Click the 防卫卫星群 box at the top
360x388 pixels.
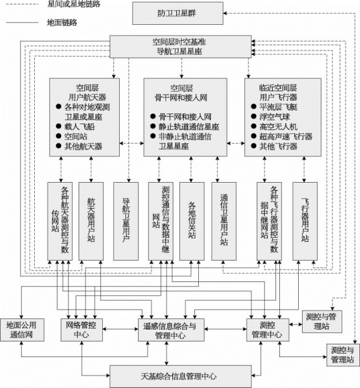[x=178, y=13]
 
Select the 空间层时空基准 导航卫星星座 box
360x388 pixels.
[x=181, y=46]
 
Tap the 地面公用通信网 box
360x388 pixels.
[x=22, y=330]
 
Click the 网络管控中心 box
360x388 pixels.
[x=82, y=330]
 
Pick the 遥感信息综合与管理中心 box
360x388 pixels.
[x=171, y=330]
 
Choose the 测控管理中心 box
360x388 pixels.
[x=268, y=330]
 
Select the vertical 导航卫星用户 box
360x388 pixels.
[x=126, y=221]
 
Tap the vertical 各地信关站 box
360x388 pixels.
[x=192, y=221]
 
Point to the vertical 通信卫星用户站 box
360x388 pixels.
[x=224, y=221]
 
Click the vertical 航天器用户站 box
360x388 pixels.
[x=91, y=221]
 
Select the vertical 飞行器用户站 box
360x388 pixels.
[x=305, y=221]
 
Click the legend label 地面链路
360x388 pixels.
[x=62, y=23]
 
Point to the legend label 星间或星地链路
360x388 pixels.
[x=74, y=4]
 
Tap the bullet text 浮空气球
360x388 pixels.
[x=274, y=116]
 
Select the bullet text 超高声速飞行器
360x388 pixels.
[x=285, y=136]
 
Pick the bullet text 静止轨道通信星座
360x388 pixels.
[x=189, y=127]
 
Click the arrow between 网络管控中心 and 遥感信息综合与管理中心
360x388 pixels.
[x=120, y=329]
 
